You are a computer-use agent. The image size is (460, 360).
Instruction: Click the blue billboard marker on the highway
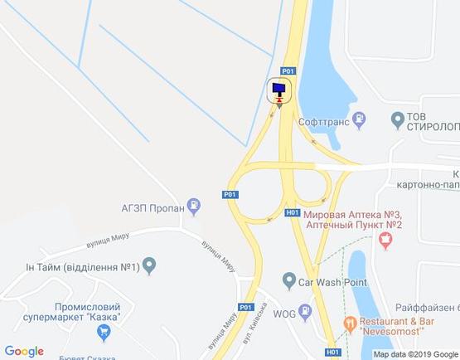point(278,90)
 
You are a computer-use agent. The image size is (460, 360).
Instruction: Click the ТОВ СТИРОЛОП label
point(427,121)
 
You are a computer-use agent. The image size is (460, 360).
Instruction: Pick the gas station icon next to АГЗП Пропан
point(193,204)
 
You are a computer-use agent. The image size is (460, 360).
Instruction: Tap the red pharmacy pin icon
point(385,240)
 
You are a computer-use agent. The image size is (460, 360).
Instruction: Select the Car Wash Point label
point(334,280)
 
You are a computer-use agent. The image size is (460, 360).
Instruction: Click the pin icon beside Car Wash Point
point(288,280)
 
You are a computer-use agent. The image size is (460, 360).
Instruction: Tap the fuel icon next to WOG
point(307,312)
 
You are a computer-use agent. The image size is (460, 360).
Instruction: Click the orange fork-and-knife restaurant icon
point(351,322)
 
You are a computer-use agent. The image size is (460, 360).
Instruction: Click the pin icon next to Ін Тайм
point(149,266)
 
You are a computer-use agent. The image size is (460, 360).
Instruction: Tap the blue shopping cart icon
point(104,332)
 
